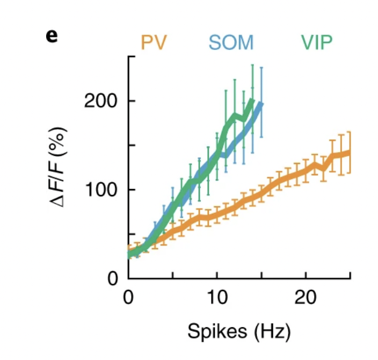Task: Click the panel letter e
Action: point(52,37)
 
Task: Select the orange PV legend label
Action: point(154,42)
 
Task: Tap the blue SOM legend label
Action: point(231,42)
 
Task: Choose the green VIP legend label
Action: point(317,42)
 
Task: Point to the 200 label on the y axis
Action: point(100,101)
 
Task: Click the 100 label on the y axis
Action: point(101,190)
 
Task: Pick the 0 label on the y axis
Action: point(113,279)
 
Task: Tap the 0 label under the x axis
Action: point(128,298)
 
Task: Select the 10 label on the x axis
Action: point(217,298)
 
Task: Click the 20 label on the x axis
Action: point(305,298)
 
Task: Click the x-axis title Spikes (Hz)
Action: point(239,332)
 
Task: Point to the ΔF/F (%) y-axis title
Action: point(57,167)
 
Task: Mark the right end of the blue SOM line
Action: point(261,104)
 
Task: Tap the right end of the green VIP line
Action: point(252,100)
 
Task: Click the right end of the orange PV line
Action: point(350,152)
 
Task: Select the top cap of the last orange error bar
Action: point(350,132)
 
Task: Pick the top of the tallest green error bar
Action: point(252,64)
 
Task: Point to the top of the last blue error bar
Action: point(261,67)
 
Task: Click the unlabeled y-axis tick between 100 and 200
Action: point(132,145)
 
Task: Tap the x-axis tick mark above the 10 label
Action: point(217,275)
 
